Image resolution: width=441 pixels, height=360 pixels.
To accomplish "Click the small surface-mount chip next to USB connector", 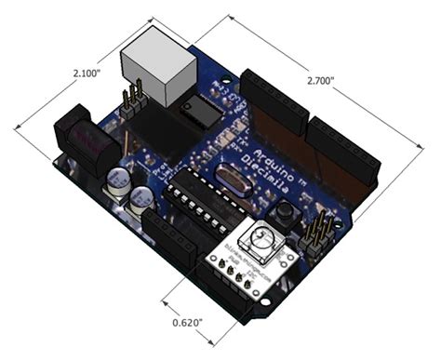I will coord(201,113).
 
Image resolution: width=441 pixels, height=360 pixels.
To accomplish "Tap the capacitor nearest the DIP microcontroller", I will coord(142,198).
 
